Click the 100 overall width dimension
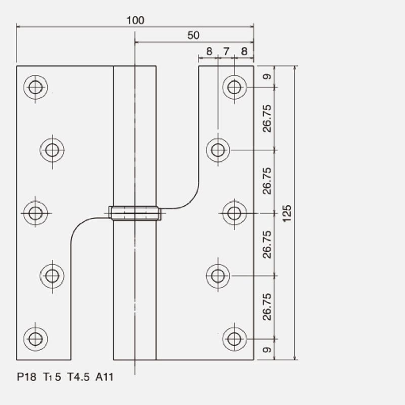pos(135,20)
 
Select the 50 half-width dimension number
pos(193,35)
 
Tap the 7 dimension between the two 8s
pos(226,51)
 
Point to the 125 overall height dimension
pos(287,213)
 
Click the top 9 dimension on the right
pos(267,77)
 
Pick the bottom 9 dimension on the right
pos(267,350)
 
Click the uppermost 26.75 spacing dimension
pos(267,118)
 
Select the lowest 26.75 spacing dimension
pos(267,307)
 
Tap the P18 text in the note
pos(27,377)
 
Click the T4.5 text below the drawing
pos(78,377)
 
